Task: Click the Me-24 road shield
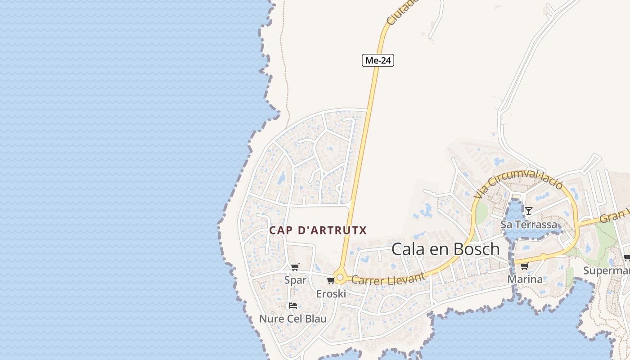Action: pos(378,60)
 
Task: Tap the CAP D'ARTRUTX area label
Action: pos(318,230)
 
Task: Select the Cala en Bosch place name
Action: pos(445,249)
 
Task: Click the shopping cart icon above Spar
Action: pos(295,267)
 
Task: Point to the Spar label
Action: pos(295,280)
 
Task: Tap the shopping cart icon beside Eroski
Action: pos(331,281)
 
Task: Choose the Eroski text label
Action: pos(331,294)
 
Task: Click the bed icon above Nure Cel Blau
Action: pos(293,306)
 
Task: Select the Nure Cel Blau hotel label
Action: pos(293,319)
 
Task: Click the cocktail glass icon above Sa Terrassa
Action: pos(529,211)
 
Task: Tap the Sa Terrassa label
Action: pos(529,224)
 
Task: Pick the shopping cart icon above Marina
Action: pos(524,266)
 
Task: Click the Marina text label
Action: pos(525,279)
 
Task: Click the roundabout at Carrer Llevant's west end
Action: pos(340,278)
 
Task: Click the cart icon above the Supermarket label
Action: pos(627,258)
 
